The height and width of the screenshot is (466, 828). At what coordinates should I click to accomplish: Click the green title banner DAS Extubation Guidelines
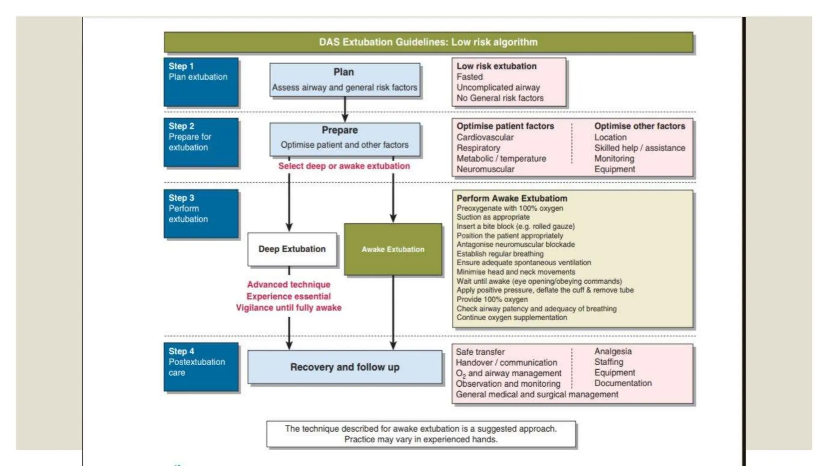tap(428, 42)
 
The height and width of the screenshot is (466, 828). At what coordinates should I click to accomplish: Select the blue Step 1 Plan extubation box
tap(201, 82)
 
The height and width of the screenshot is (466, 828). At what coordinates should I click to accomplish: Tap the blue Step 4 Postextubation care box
tap(201, 367)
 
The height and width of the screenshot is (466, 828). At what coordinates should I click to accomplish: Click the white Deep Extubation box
tap(292, 249)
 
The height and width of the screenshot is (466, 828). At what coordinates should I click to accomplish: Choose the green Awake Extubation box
tap(393, 250)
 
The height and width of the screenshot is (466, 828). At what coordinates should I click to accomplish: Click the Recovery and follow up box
tap(344, 367)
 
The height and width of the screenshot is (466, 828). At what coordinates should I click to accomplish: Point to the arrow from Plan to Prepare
tap(345, 110)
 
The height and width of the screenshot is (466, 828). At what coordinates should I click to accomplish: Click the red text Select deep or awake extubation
tap(344, 166)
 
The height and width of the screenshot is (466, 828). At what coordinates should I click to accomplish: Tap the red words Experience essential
tap(289, 296)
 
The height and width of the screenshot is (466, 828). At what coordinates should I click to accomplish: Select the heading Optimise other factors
tap(640, 126)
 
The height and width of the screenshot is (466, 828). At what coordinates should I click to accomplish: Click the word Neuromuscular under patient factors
tap(486, 169)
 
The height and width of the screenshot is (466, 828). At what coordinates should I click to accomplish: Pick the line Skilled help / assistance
tap(640, 148)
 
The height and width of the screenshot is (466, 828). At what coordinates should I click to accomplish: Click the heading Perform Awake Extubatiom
tap(512, 198)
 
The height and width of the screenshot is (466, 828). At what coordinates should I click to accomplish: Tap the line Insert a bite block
tap(515, 227)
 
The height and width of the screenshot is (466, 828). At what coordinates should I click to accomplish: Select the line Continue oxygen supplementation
tap(512, 318)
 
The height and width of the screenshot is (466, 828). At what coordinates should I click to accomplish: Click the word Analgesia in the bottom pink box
tap(613, 351)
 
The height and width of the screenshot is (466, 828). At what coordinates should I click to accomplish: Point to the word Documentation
tap(623, 383)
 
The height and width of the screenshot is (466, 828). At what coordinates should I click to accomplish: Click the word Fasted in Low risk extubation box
tap(470, 77)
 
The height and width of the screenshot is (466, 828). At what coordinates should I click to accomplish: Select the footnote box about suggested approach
tap(421, 434)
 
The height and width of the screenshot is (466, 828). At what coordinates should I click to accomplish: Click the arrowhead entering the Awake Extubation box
tap(393, 219)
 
